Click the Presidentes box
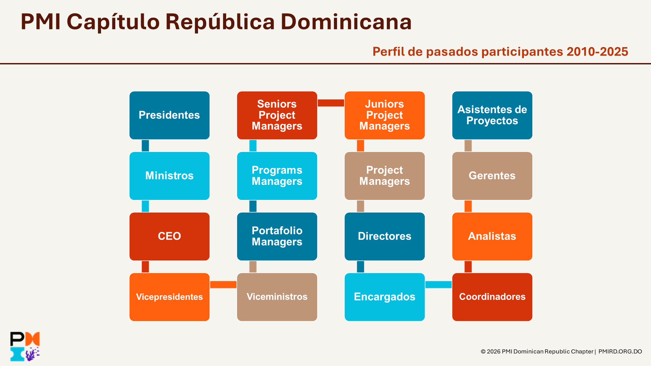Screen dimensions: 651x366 170,115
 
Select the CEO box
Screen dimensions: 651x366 170,237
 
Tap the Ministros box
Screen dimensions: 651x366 170,176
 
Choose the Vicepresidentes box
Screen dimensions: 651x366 170,297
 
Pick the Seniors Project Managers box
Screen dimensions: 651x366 277,115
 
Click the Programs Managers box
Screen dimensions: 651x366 277,176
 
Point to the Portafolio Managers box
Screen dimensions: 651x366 277,237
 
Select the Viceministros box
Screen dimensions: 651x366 277,297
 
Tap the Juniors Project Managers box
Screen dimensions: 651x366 384,115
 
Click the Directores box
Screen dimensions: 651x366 384,237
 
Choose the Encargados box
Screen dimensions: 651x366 384,297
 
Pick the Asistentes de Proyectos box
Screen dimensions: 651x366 492,115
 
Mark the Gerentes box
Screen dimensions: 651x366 492,176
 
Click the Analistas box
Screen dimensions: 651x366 492,237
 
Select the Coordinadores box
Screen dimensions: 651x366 492,297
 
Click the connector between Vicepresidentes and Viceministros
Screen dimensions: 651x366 223,285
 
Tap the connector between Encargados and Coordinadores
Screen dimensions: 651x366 438,285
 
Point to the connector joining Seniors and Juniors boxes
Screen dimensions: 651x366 331,103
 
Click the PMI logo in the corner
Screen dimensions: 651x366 25,346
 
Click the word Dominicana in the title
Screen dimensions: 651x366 346,22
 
